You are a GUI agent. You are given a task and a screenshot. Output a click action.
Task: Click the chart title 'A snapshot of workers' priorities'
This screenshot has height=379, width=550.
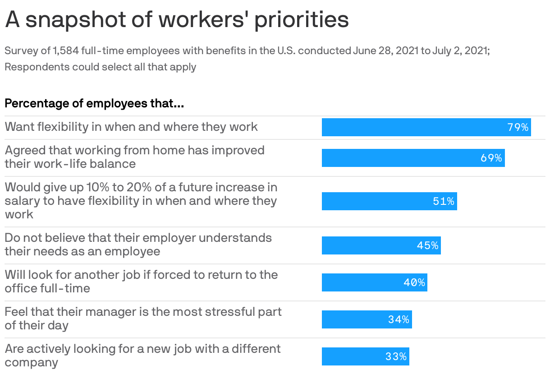coord(177,20)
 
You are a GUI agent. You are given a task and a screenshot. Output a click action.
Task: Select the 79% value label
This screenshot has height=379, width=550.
coord(518,127)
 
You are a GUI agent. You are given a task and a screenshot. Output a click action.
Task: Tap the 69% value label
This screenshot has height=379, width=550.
coord(491,158)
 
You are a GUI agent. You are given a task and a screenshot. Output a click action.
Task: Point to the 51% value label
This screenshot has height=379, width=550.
coord(444,201)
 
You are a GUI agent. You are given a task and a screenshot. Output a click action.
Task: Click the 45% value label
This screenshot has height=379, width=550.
coord(427,245)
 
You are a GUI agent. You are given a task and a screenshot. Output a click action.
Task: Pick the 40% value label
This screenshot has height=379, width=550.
coord(414,282)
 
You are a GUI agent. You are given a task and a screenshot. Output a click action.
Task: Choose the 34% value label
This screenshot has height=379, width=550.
coord(399,319)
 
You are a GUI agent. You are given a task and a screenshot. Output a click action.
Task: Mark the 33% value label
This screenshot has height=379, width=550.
coord(396,356)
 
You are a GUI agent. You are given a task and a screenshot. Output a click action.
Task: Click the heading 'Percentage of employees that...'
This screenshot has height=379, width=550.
coord(94,103)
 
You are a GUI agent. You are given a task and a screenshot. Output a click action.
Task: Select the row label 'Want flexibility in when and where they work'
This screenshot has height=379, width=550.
coord(131,127)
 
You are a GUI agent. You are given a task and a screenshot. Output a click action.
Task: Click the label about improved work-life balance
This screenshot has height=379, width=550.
coord(134,157)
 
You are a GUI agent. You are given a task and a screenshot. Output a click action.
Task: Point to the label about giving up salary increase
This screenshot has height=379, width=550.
coord(141,200)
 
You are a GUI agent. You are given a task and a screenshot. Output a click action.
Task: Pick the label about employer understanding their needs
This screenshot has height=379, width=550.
coord(138,244)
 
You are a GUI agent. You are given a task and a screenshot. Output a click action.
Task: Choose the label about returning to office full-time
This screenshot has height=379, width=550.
coord(141,281)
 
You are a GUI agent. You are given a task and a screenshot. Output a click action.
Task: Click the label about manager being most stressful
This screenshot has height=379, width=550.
coord(143,318)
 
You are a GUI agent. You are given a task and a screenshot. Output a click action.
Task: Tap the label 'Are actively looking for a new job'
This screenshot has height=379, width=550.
coord(142,355)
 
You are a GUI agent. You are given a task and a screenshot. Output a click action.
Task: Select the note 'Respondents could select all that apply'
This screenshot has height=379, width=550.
coord(100,67)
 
